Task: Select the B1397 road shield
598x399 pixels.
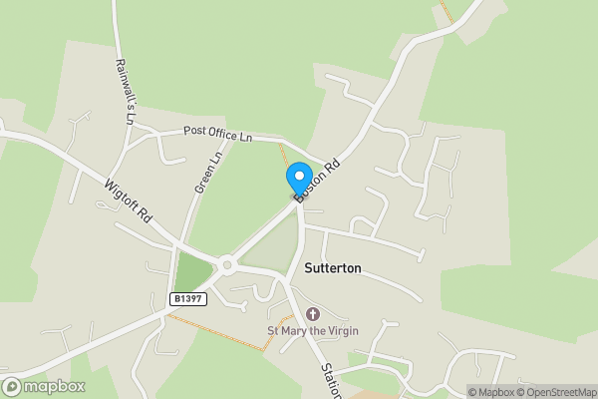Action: click(187, 298)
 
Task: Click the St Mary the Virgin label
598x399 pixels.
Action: click(312, 330)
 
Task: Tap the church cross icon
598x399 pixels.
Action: click(313, 314)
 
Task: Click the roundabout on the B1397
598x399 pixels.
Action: click(228, 265)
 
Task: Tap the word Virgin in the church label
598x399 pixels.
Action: click(341, 330)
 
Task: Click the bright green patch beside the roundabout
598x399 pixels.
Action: click(194, 270)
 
